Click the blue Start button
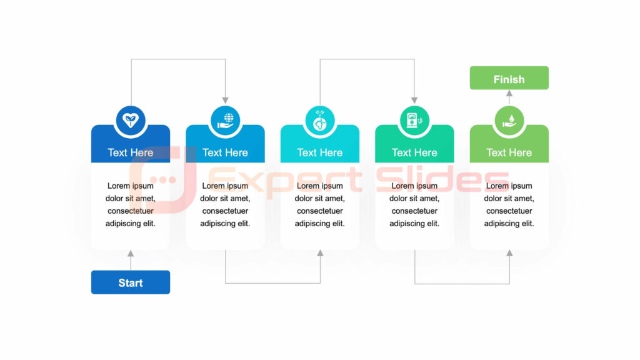(x=131, y=282)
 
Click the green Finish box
(x=509, y=79)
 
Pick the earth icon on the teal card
(x=320, y=121)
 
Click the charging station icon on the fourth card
(x=414, y=121)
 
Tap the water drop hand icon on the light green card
(x=509, y=121)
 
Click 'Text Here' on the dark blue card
(x=131, y=152)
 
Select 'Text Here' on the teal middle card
(x=320, y=152)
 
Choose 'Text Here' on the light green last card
(x=509, y=152)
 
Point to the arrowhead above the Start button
(x=131, y=254)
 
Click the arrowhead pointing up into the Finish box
(x=509, y=93)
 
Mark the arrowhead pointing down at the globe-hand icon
(x=225, y=100)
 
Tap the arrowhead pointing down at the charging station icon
(x=414, y=100)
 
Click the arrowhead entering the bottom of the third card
(x=320, y=254)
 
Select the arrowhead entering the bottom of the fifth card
(x=509, y=254)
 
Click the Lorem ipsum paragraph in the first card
(x=131, y=204)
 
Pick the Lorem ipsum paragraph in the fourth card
(x=414, y=204)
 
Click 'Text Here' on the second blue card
(x=225, y=152)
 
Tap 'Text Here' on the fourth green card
(x=414, y=152)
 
